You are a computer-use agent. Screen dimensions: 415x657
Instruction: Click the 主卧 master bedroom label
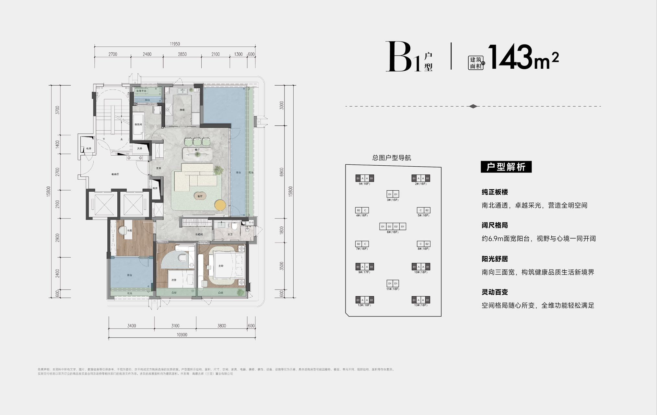pyautogui.click(x=221, y=266)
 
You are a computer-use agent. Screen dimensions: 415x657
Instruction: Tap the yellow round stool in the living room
pyautogui.click(x=220, y=205)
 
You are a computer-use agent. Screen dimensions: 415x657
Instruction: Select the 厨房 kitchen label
pyautogui.click(x=182, y=110)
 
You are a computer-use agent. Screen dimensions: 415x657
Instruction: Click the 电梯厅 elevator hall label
pyautogui.click(x=115, y=174)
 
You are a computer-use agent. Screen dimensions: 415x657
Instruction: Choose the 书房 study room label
pyautogui.click(x=129, y=231)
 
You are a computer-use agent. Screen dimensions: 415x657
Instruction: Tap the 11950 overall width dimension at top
pyautogui.click(x=175, y=44)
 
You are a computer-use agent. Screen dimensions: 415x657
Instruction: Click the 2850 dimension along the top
pyautogui.click(x=182, y=54)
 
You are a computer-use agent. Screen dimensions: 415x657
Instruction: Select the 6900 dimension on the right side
pyautogui.click(x=282, y=172)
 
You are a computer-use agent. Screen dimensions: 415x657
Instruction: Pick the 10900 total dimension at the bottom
pyautogui.click(x=182, y=335)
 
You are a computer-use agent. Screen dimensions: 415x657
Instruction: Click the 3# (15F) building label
pyautogui.click(x=393, y=200)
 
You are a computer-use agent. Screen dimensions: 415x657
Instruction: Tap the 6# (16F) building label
pyautogui.click(x=393, y=232)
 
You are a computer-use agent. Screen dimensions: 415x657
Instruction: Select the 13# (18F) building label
pyautogui.click(x=421, y=305)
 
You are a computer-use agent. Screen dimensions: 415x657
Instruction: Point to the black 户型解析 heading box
pyautogui.click(x=506, y=167)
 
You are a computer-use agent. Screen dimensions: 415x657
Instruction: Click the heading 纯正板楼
pyautogui.click(x=495, y=192)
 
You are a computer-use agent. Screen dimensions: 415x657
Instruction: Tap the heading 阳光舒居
pyautogui.click(x=495, y=259)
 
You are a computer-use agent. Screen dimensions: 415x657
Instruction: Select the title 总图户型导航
pyautogui.click(x=392, y=158)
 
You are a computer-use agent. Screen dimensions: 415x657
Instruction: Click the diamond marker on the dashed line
pyautogui.click(x=473, y=106)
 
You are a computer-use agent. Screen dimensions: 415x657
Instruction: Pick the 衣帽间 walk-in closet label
pyautogui.click(x=199, y=234)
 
